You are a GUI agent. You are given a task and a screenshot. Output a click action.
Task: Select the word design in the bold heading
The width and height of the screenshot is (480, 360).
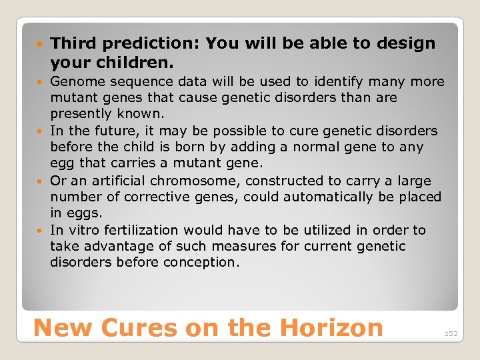pos(407,44)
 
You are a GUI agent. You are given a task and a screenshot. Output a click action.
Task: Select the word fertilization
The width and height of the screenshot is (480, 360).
pos(136,230)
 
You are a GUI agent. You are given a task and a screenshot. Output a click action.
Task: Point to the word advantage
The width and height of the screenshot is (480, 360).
pos(109,246)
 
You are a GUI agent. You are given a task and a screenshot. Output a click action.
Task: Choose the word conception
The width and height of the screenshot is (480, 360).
pos(203,262)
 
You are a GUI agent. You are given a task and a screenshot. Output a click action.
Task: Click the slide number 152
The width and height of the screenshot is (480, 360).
pos(451,333)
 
